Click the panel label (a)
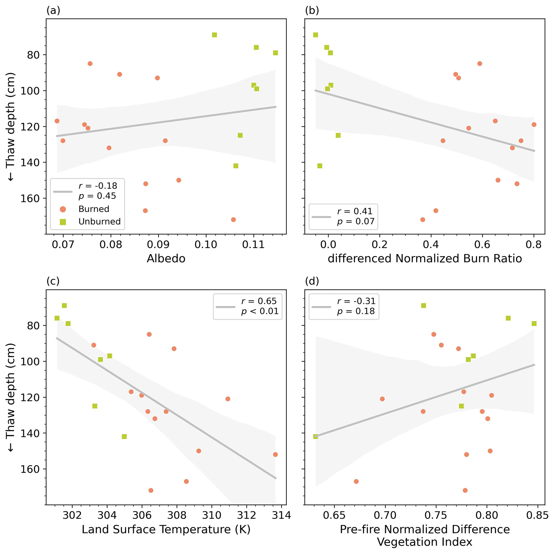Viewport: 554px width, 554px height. (x=53, y=11)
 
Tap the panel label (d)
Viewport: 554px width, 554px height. (x=312, y=281)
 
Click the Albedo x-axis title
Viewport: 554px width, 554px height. (x=166, y=259)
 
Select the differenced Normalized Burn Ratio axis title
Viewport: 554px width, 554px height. (x=425, y=259)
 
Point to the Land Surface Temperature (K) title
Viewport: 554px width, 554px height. (x=166, y=529)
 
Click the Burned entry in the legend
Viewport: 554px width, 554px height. (x=94, y=209)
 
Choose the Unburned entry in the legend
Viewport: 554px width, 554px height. (x=99, y=221)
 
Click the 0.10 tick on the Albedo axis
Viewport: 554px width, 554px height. (x=206, y=245)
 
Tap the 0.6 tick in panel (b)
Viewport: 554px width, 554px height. (x=482, y=245)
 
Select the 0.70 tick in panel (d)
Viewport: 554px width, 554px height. (x=385, y=515)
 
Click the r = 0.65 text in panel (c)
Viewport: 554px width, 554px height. (x=259, y=301)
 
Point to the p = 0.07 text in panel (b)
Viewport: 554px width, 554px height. (x=356, y=221)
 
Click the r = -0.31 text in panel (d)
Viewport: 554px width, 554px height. (x=356, y=301)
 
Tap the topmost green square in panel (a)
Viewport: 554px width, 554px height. (x=214, y=35)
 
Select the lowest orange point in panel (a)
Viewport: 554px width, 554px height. (x=233, y=220)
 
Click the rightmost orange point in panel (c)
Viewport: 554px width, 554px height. (x=275, y=455)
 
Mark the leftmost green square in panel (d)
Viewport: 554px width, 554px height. (x=315, y=436)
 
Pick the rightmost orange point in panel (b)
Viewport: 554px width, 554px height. (x=534, y=125)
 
